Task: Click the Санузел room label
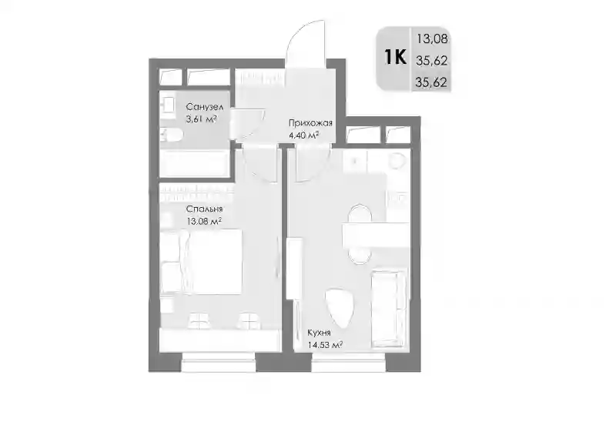click(x=205, y=107)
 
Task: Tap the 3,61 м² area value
click(x=202, y=119)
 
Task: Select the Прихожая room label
click(x=310, y=123)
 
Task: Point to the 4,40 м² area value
click(x=303, y=136)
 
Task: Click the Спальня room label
click(x=205, y=209)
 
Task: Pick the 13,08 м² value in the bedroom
click(x=204, y=222)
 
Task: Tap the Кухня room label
click(x=319, y=333)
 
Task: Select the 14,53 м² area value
click(x=325, y=346)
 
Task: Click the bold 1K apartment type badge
click(x=395, y=58)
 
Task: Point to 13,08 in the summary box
click(x=432, y=39)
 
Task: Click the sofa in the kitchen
click(x=389, y=309)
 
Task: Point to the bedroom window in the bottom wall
click(x=219, y=363)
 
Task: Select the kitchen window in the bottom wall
click(x=349, y=363)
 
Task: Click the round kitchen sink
click(x=397, y=161)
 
